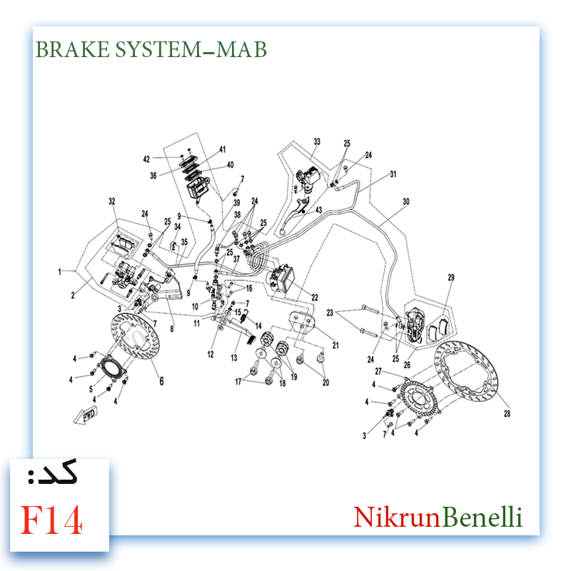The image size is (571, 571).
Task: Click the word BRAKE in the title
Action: (73, 49)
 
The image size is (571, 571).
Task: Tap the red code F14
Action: (51, 520)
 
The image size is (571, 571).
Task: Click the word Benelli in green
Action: (482, 517)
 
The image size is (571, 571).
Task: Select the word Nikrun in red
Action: (398, 517)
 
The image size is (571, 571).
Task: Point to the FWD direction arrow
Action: (86, 415)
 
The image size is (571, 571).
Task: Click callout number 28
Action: (507, 413)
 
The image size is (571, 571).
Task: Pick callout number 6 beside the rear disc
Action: (161, 381)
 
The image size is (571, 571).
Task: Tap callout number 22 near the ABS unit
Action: (315, 298)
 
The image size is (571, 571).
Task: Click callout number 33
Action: (317, 141)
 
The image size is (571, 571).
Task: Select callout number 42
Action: (146, 159)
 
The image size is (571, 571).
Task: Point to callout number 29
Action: (451, 278)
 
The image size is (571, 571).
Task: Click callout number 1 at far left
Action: (60, 272)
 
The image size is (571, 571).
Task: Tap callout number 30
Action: (406, 201)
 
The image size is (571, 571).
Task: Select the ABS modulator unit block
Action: (281, 278)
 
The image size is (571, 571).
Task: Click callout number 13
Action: (234, 358)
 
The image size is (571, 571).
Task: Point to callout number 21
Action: (335, 345)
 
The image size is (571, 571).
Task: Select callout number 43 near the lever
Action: (318, 210)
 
